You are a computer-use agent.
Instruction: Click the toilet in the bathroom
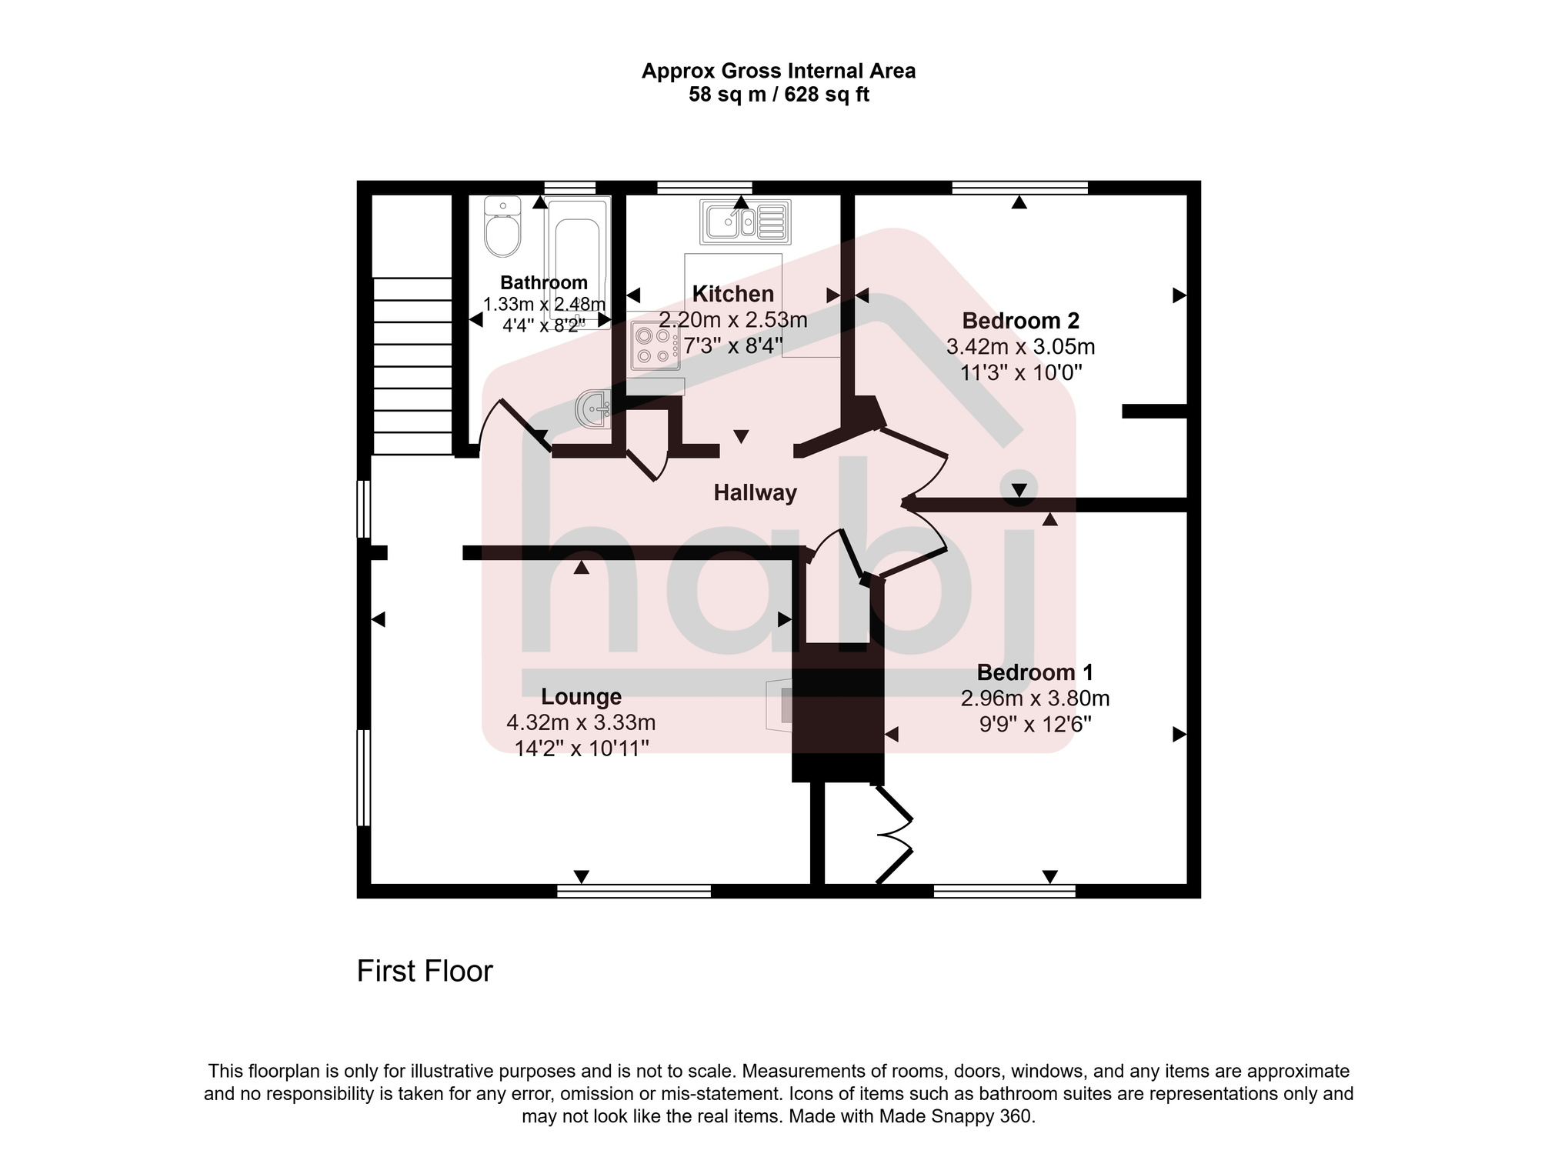click(x=502, y=228)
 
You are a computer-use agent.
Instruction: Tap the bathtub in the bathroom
click(x=577, y=262)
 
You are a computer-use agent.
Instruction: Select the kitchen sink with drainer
click(x=745, y=221)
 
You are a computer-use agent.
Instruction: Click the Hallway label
click(x=755, y=493)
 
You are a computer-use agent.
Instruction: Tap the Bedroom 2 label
click(x=1020, y=321)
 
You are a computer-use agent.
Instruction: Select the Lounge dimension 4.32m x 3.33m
click(x=581, y=722)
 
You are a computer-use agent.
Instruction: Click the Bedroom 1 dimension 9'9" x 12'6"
click(x=1035, y=725)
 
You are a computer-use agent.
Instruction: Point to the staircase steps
click(x=412, y=366)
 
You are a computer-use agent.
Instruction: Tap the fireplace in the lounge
click(x=779, y=705)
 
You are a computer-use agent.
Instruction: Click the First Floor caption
click(x=424, y=972)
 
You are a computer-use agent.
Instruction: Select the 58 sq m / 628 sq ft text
click(x=779, y=95)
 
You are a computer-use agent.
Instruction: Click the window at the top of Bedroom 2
click(x=1019, y=187)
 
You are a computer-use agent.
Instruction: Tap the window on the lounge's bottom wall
click(x=633, y=891)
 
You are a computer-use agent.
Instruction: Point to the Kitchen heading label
click(x=732, y=294)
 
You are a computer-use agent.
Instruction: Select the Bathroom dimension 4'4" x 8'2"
click(x=543, y=325)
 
